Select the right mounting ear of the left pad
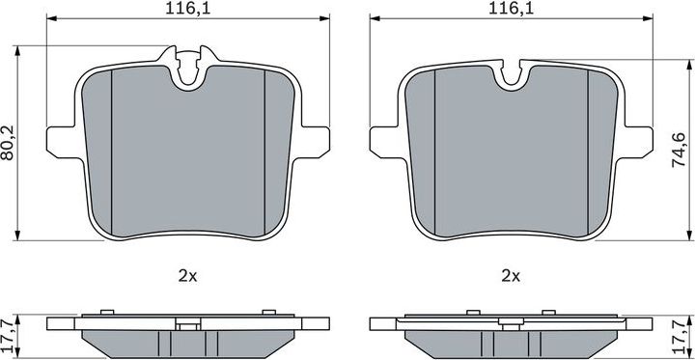(x=311, y=138)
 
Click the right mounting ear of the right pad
(x=634, y=138)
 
